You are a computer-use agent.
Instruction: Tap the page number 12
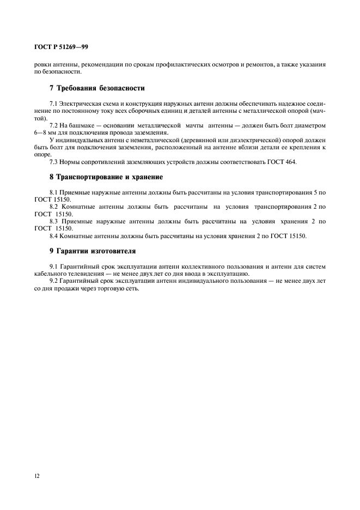point(36,476)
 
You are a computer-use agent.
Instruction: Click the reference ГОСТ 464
point(282,162)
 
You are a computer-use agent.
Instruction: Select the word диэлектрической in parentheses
point(240,140)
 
